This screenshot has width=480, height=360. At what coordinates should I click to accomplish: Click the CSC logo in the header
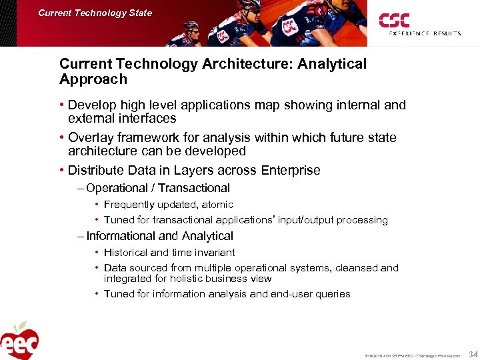point(395,21)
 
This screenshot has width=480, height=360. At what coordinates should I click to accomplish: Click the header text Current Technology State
point(95,13)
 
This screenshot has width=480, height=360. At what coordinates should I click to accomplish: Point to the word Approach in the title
point(93,79)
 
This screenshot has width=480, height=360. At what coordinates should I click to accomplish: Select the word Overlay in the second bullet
point(91,137)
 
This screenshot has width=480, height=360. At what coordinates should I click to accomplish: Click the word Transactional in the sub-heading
point(193,188)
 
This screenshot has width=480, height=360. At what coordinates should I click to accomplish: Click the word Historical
point(126,253)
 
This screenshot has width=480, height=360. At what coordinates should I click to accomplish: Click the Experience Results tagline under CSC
point(424,33)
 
